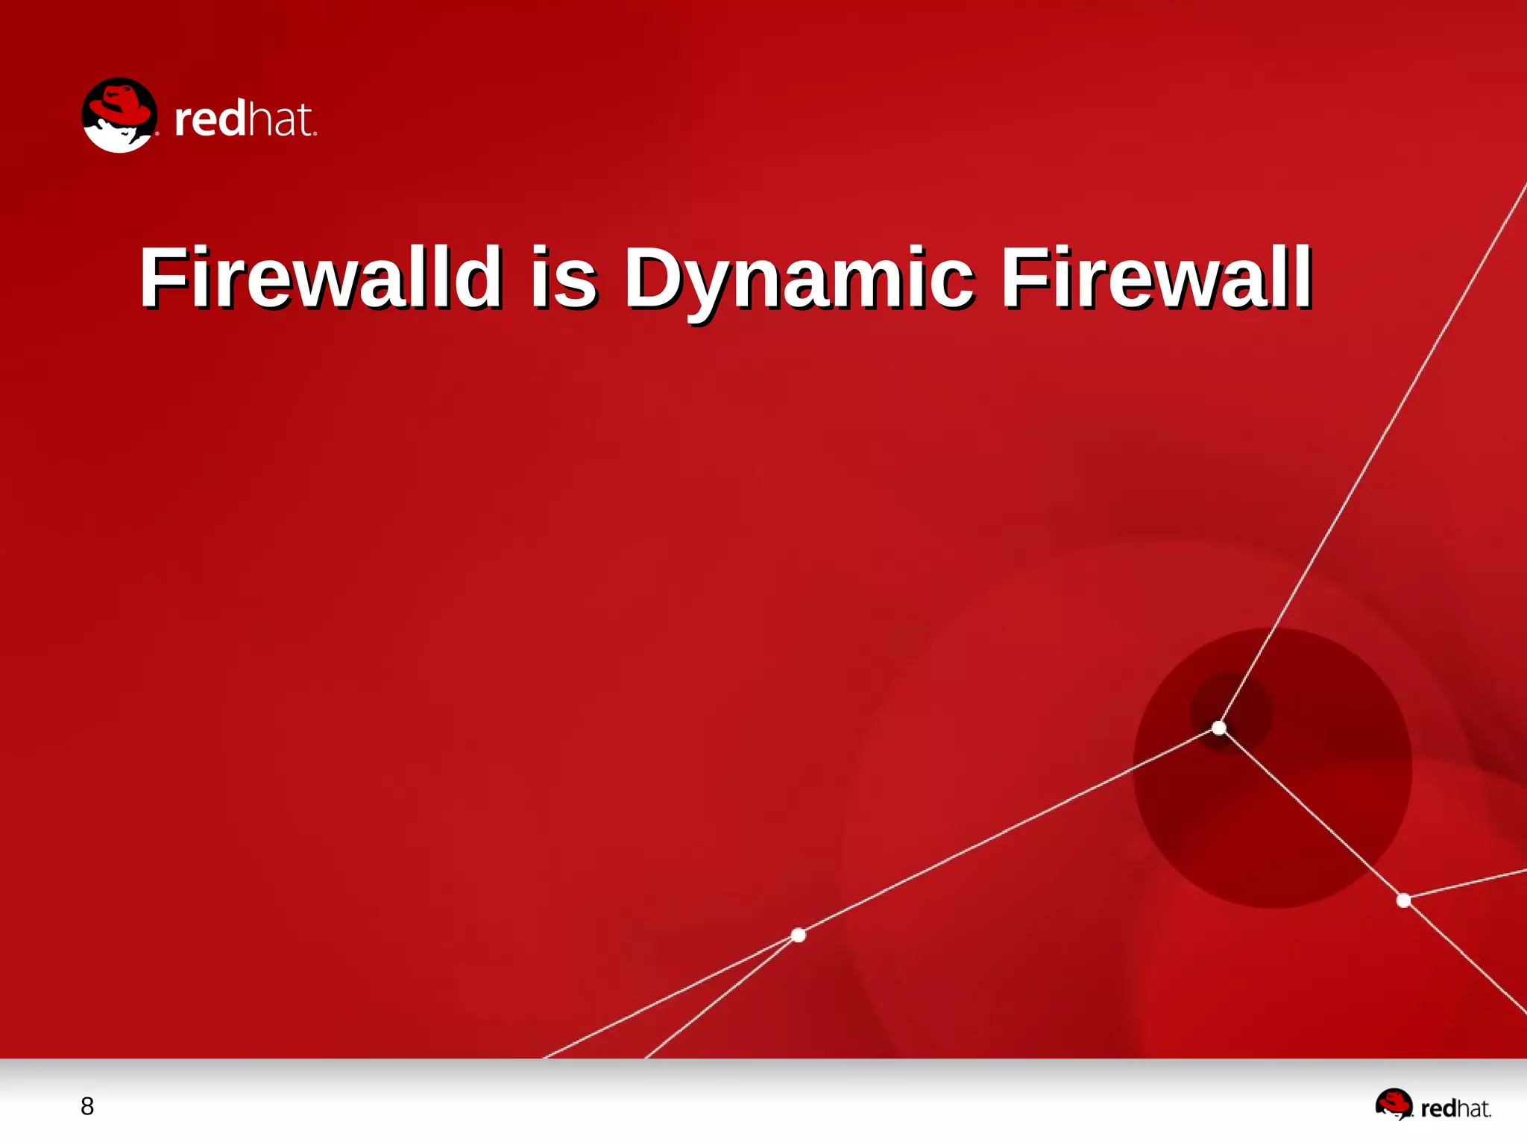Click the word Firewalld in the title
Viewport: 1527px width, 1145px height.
pos(321,277)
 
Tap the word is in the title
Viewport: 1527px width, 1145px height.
pos(564,277)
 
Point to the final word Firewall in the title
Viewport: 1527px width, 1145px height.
pos(1156,277)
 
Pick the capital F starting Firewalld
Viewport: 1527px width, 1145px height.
pos(161,277)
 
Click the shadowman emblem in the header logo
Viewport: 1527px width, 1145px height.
pos(119,116)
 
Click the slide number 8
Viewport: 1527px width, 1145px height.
pos(87,1106)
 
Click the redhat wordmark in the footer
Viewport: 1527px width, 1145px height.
pos(1455,1109)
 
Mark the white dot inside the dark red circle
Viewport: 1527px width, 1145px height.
pos(1219,728)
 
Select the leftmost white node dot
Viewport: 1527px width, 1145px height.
pos(799,935)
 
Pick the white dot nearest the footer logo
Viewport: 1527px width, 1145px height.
pos(1403,900)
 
